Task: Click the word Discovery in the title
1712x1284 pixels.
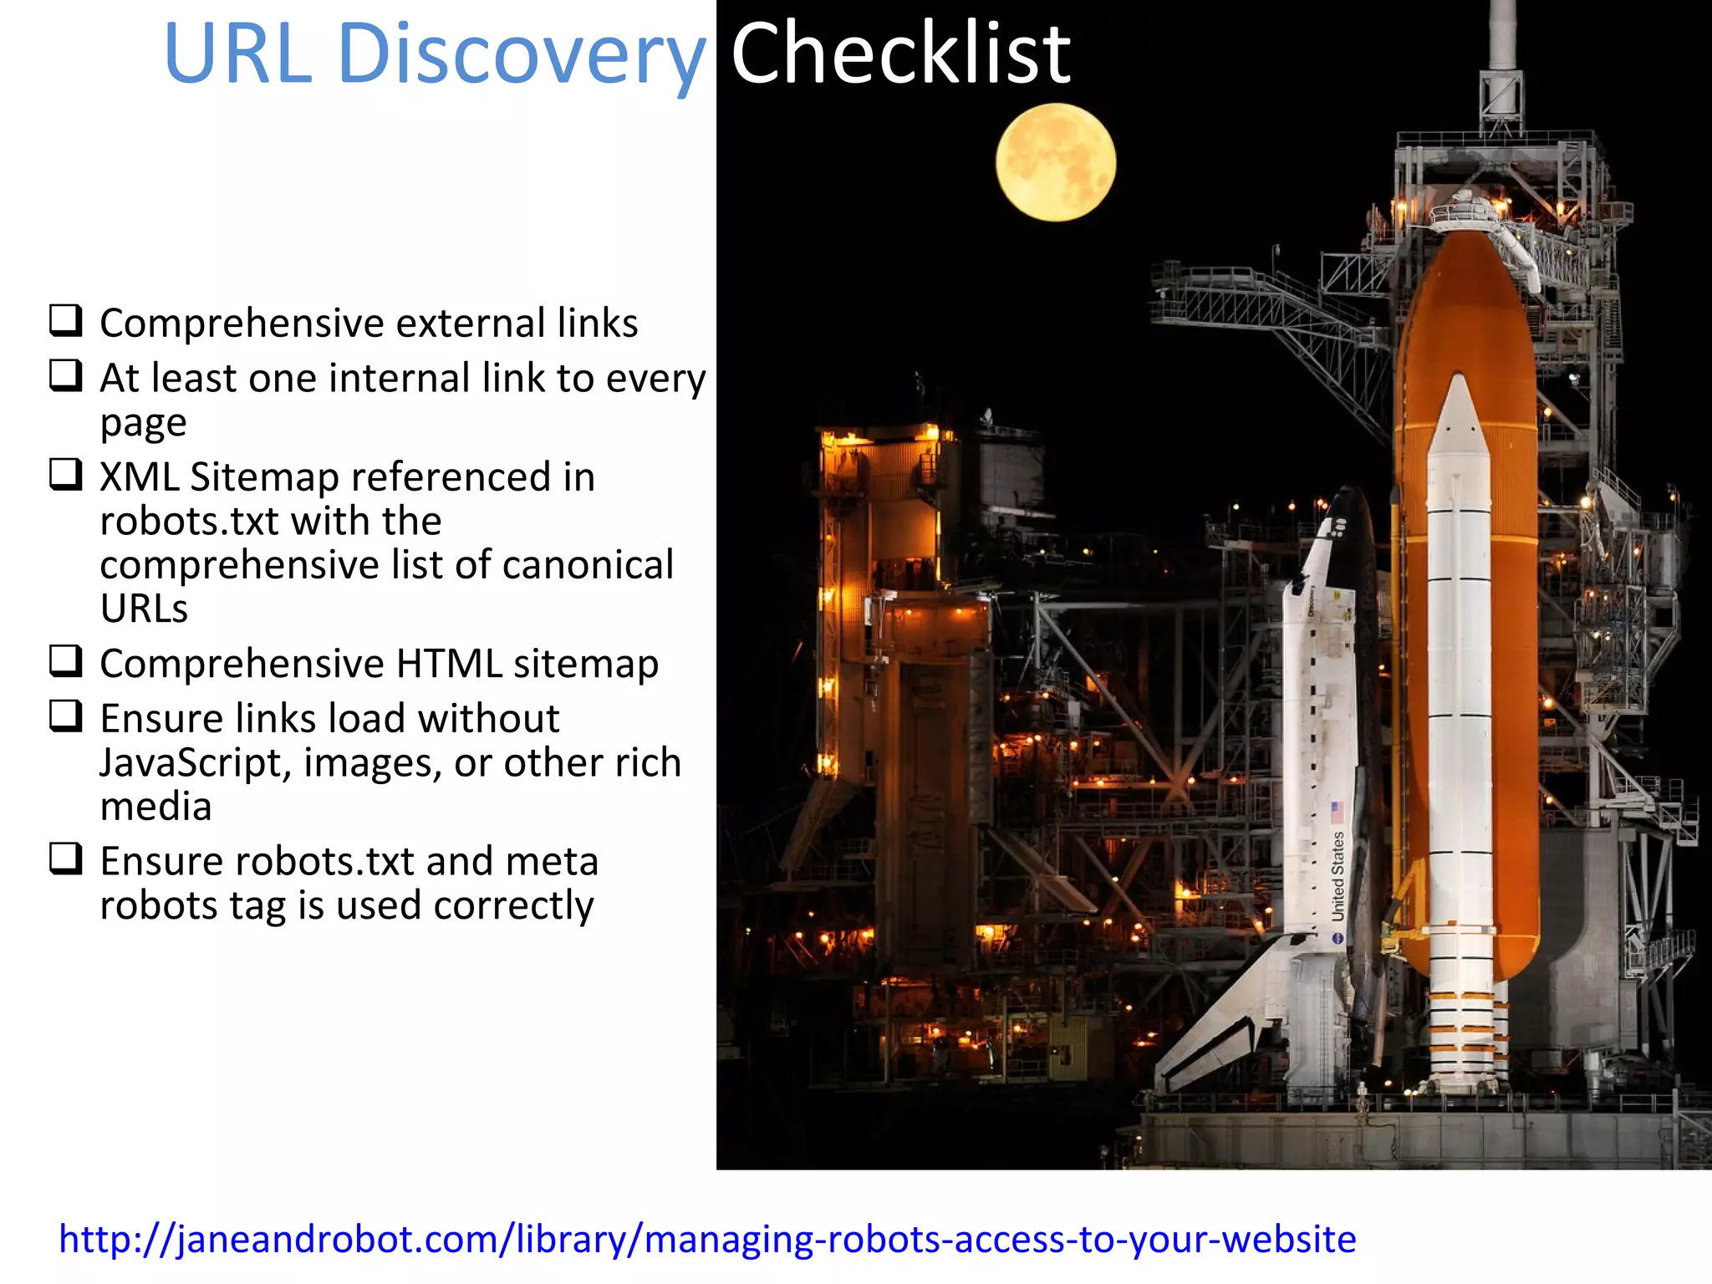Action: pos(522,55)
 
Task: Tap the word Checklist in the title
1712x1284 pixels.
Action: pos(899,55)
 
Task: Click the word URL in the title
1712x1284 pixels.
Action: pos(237,55)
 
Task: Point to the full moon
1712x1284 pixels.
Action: pos(1055,162)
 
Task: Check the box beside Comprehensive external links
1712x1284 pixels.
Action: pos(66,320)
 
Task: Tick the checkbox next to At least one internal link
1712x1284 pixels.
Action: pos(66,375)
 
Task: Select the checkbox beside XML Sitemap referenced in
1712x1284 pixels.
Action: pos(66,474)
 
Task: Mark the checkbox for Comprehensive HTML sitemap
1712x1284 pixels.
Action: pos(66,660)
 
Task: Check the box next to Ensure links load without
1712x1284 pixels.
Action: pos(66,716)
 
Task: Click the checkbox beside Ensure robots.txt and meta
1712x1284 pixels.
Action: pos(66,859)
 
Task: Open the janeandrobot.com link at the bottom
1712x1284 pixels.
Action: pos(707,1239)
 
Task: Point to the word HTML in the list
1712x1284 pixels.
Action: pos(449,664)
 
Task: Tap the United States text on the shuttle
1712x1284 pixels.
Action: pos(1337,876)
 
